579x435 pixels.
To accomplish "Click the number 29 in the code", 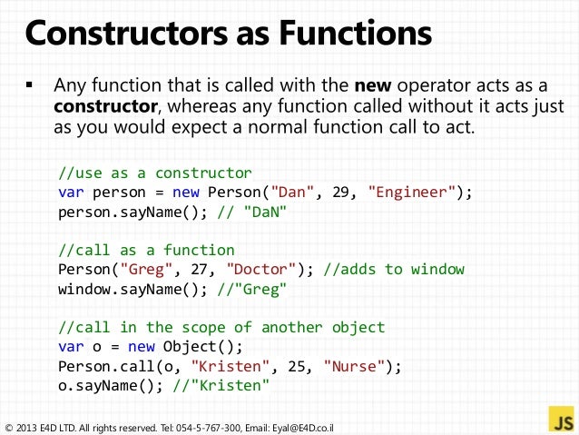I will pos(345,193).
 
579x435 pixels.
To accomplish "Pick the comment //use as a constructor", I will pos(154,173).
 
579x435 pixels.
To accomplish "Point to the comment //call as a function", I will pos(146,250).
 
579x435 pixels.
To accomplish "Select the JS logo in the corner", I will pos(561,420).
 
